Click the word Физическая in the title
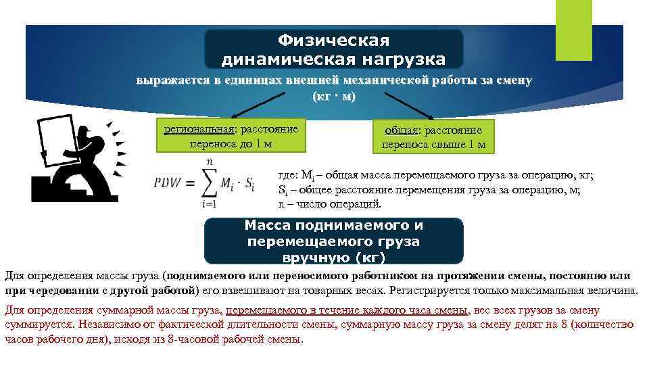pos(334,41)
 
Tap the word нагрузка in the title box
pos(402,59)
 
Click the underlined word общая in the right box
pos(400,130)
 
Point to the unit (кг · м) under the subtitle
pos(333,96)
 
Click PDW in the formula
pos(167,183)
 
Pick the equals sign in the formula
pos(191,184)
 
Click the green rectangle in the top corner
pos(573,30)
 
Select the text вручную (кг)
pos(334,257)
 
